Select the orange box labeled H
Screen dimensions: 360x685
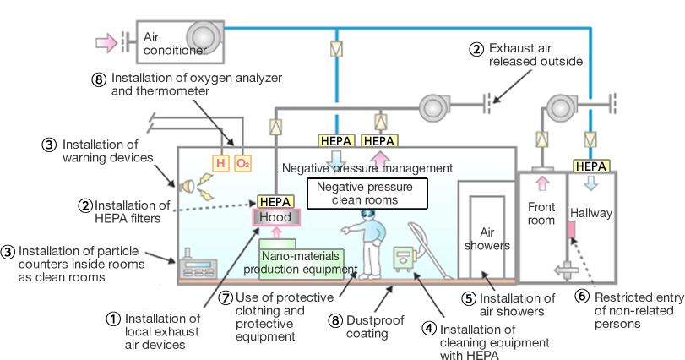[220, 162]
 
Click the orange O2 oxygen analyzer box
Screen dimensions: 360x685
[242, 162]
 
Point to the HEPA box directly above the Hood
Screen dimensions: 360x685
[275, 202]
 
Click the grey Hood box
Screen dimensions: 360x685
[275, 217]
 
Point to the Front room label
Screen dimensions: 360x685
[541, 214]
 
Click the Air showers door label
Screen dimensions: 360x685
[485, 239]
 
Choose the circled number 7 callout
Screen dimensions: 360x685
[225, 297]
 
